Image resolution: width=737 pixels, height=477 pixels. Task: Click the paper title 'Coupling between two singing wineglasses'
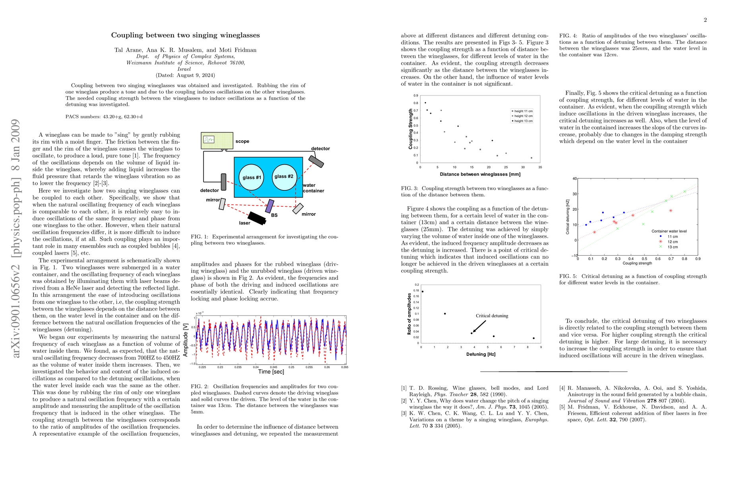coord(185,35)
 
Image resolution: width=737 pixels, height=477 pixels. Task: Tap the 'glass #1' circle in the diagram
coord(252,177)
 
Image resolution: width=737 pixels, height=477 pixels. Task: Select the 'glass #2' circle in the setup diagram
coord(284,176)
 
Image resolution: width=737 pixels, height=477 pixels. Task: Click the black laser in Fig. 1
coord(256,217)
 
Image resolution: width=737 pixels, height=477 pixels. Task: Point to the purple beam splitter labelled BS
coord(270,206)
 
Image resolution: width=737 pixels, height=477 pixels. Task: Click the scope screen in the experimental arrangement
coord(209,140)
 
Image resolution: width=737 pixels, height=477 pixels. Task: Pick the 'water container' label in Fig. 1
coord(313,188)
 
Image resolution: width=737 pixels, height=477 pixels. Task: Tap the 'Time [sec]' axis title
coord(271,372)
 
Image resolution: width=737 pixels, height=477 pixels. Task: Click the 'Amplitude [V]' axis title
coord(186,339)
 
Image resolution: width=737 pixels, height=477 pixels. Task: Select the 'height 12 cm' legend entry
coord(523,116)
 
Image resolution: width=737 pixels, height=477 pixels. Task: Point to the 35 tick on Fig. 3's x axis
coord(540,167)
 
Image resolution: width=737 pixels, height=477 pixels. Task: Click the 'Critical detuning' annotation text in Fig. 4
coord(492,316)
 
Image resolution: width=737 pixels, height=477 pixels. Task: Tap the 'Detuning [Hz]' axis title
coord(481,354)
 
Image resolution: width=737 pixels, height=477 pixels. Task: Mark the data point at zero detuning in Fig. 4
coord(423,292)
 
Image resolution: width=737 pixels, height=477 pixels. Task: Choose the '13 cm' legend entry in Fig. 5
coord(673,247)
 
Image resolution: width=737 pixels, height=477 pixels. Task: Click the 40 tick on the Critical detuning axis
coord(574,178)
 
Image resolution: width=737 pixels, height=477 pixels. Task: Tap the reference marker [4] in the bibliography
coord(562,388)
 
